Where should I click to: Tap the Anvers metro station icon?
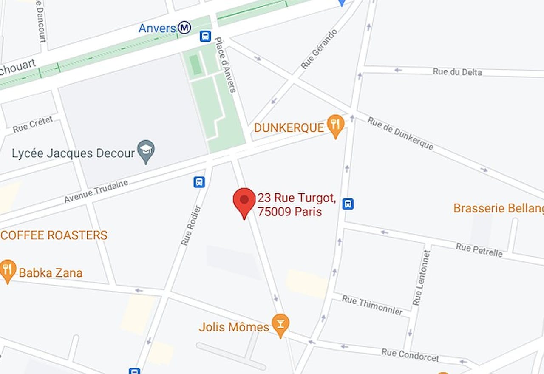point(184,28)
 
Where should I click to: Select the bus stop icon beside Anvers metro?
point(205,36)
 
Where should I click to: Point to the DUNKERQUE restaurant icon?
point(336,125)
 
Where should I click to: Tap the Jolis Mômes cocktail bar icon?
point(280,325)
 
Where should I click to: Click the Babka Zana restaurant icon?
point(7,270)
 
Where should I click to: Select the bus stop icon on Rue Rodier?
point(199,182)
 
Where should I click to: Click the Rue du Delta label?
point(457,72)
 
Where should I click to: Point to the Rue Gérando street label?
point(319,49)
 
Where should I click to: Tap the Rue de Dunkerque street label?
point(400,133)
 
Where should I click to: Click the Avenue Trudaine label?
point(96,192)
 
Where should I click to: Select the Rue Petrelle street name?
point(479,250)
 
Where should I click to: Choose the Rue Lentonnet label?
point(422,277)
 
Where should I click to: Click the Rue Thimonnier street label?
point(372,306)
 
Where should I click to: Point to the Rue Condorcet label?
point(410,355)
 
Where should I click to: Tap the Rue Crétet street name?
point(33,124)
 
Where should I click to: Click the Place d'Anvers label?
point(225,65)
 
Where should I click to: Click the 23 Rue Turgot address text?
point(297,204)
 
